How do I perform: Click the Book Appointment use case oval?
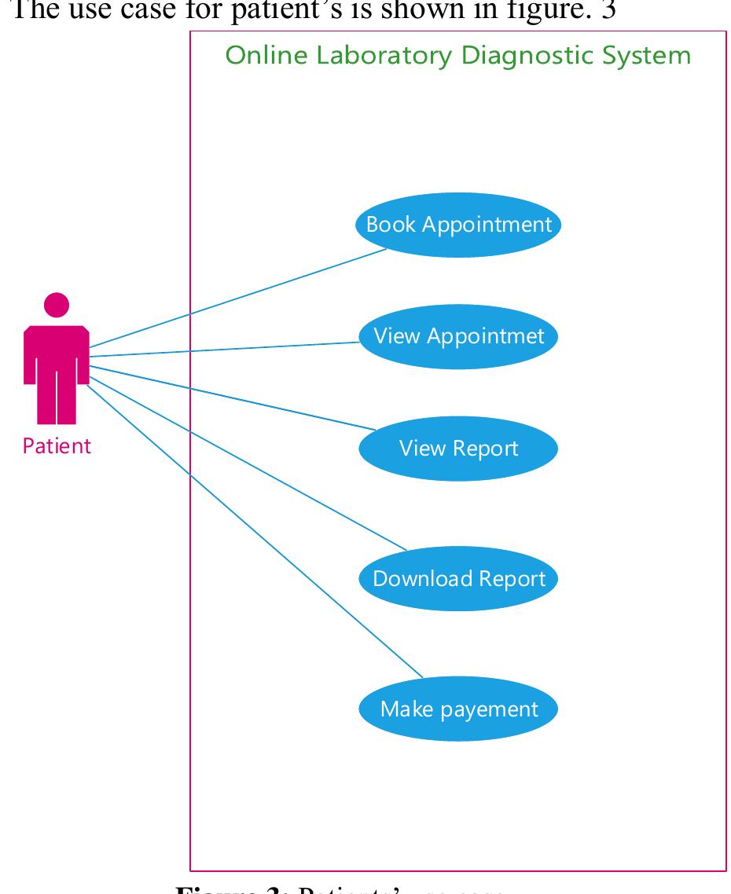(x=458, y=225)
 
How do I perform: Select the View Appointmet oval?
(x=458, y=336)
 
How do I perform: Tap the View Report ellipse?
(x=458, y=449)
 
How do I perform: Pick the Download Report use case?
(x=458, y=579)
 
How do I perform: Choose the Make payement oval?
(x=458, y=709)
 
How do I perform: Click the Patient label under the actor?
(x=57, y=446)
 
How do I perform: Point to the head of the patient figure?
(x=57, y=305)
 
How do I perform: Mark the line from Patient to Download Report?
(x=252, y=464)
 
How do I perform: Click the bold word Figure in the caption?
(x=207, y=887)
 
